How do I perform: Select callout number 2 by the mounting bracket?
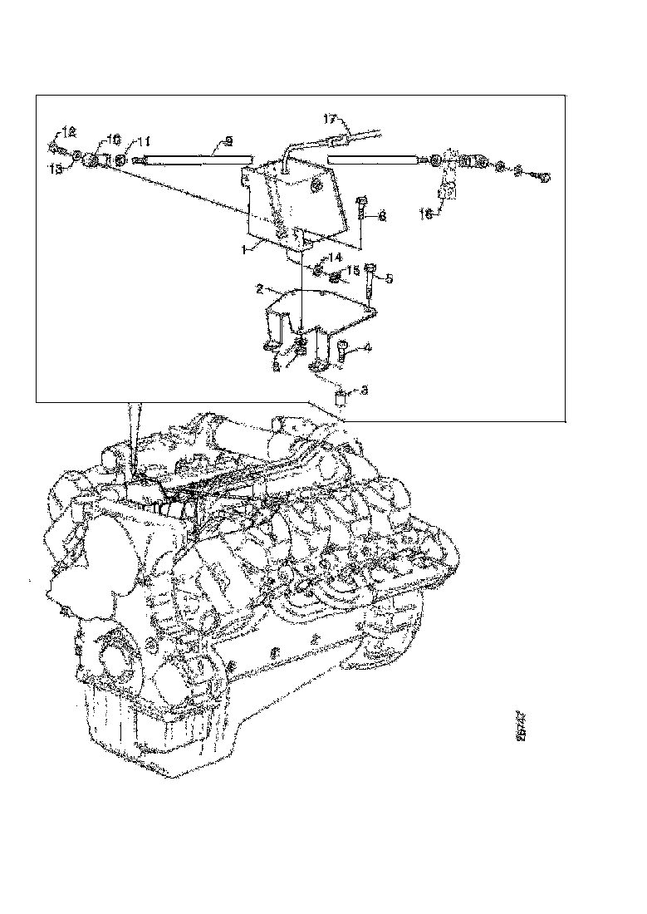[x=260, y=290]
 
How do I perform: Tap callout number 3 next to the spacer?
[x=362, y=390]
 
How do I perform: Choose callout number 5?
[x=389, y=278]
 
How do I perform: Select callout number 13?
[x=56, y=167]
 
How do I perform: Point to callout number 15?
[x=352, y=270]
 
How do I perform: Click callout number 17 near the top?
[x=331, y=118]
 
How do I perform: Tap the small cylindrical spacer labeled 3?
[x=340, y=396]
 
